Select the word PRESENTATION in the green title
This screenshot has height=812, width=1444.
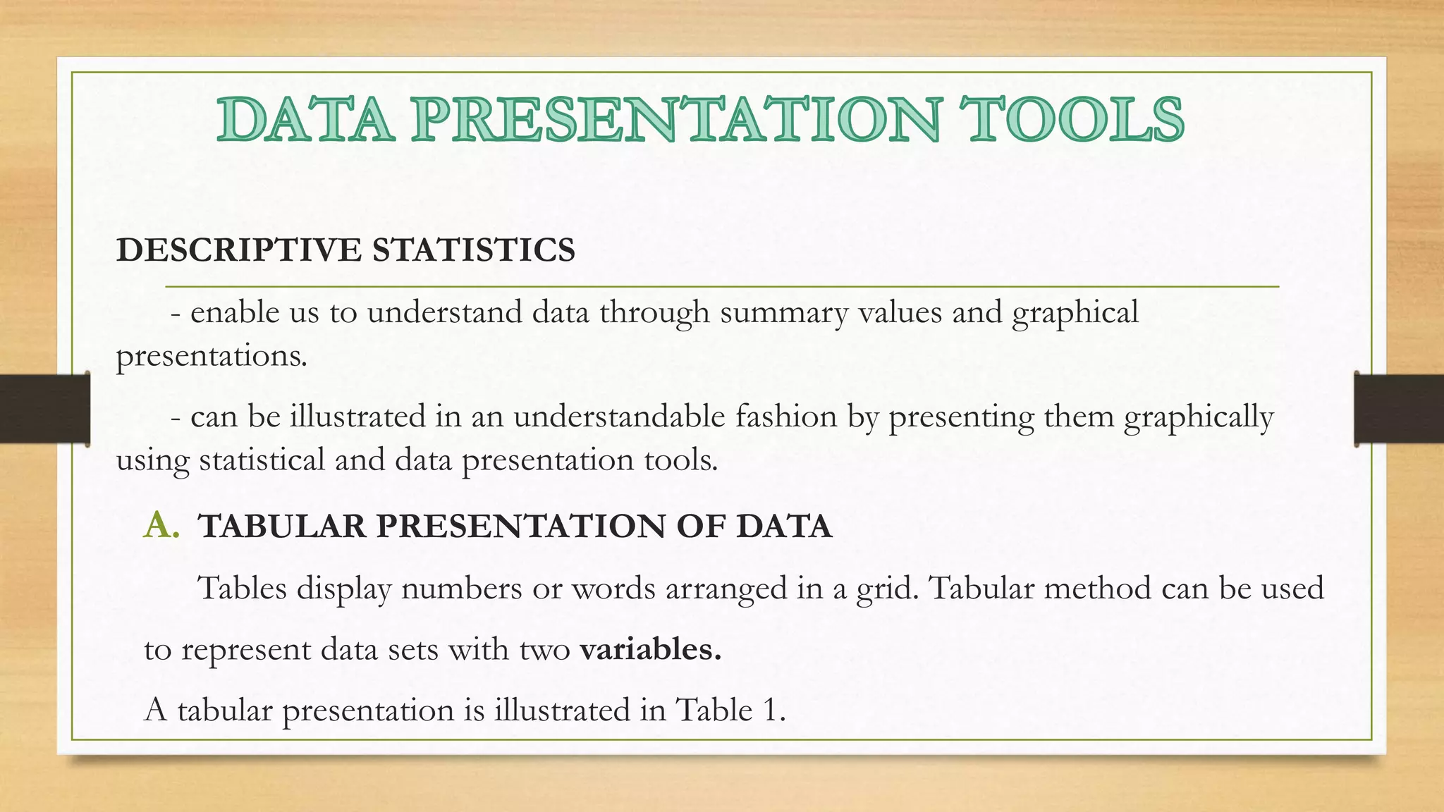(677, 119)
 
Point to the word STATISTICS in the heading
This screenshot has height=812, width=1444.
(474, 250)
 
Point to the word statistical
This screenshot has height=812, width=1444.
(262, 460)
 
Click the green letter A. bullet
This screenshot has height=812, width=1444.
(161, 526)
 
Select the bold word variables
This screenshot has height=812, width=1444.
(651, 649)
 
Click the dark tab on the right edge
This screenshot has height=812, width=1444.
(1399, 409)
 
